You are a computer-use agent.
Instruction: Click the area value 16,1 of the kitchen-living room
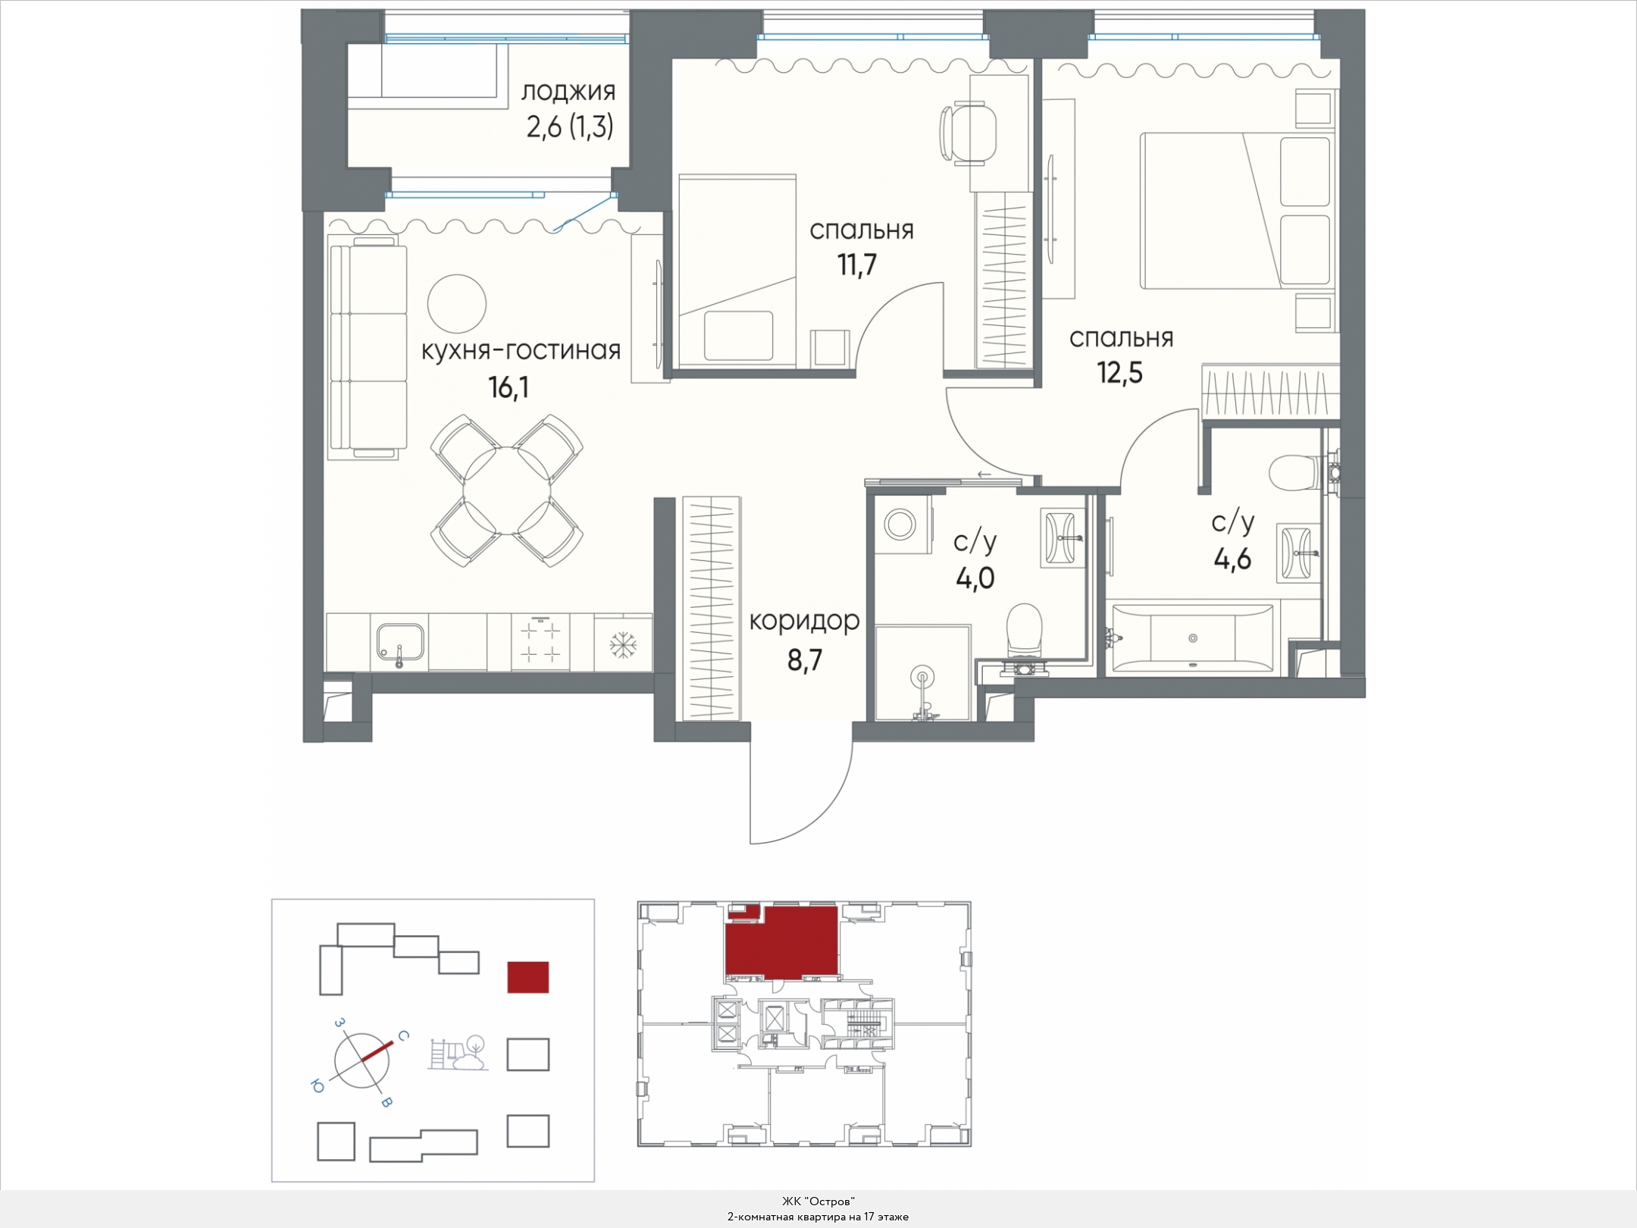[509, 388]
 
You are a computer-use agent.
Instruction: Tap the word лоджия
[568, 92]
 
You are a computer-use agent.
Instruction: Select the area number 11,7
[857, 265]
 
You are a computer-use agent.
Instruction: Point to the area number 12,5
[1120, 373]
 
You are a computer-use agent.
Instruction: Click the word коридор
[804, 621]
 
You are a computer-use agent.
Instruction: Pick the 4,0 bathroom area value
[975, 578]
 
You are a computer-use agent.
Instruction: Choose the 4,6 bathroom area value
[1232, 559]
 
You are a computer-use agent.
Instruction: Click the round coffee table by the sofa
[456, 303]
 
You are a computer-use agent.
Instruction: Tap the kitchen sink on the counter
[401, 647]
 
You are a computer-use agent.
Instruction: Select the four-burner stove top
[540, 642]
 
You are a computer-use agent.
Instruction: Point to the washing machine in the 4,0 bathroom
[901, 524]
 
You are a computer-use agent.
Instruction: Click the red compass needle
[377, 1051]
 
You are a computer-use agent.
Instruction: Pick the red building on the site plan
[527, 977]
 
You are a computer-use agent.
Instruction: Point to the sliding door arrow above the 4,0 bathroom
[984, 475]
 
